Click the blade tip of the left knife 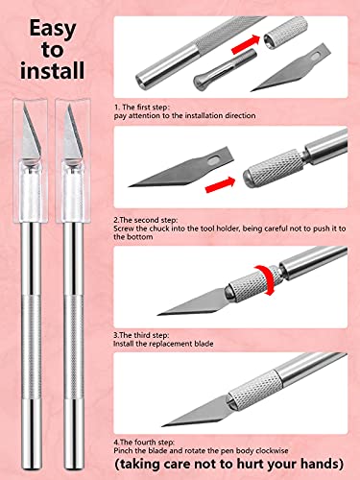pyautogui.click(x=29, y=108)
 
